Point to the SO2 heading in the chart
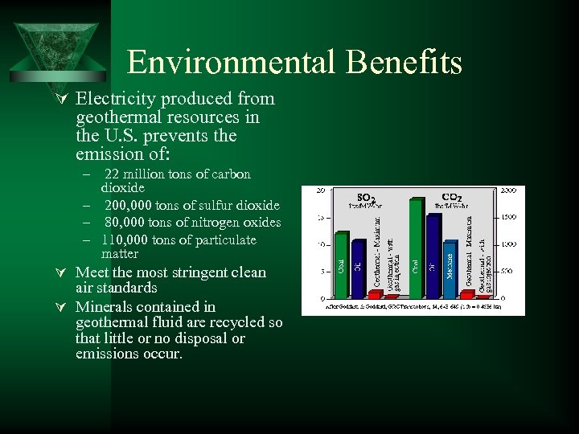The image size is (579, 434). (366, 196)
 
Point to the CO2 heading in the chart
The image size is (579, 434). (451, 195)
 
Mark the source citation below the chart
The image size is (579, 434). (412, 308)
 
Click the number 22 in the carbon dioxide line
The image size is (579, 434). (113, 174)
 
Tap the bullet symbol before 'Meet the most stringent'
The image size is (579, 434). (64, 272)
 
